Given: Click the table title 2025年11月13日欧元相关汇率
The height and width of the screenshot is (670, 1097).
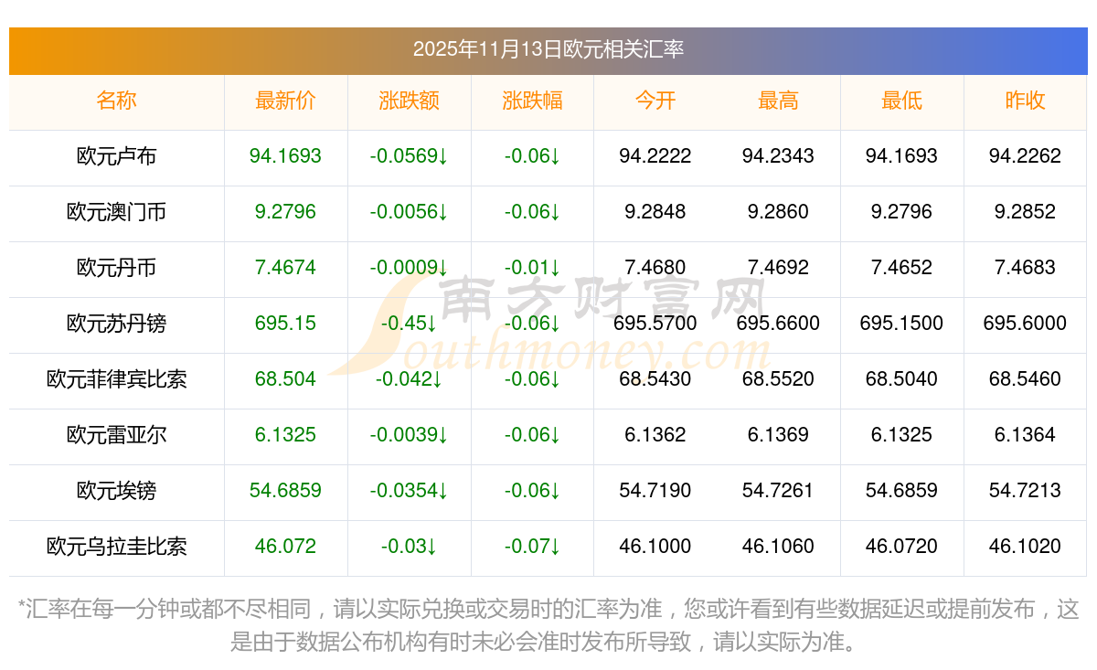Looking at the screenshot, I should tap(548, 49).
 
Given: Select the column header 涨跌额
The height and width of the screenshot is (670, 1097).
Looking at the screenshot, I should tap(409, 101).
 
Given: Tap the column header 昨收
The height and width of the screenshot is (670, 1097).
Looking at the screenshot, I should tap(1025, 101).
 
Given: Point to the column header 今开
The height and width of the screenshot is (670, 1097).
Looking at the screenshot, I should tap(655, 101).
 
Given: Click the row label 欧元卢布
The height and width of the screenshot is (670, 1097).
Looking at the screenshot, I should tap(116, 156).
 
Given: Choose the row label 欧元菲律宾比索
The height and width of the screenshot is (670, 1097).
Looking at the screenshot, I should tap(116, 379).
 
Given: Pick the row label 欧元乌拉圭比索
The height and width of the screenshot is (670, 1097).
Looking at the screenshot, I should tap(116, 547).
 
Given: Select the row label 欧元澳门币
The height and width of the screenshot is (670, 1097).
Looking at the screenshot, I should tap(116, 212).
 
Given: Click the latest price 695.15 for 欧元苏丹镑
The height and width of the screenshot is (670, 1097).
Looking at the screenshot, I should tap(285, 324).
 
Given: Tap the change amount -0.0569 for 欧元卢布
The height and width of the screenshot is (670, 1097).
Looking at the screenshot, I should tap(409, 156).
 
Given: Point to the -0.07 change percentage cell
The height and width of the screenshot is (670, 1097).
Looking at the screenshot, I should tap(532, 547).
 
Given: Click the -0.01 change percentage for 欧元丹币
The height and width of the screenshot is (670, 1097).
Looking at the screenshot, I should tap(532, 268).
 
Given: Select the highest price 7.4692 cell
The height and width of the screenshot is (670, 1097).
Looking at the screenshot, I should tap(778, 268).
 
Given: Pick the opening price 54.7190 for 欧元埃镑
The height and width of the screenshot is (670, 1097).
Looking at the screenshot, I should tap(655, 491).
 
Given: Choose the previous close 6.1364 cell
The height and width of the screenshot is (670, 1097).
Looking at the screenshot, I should tap(1025, 435).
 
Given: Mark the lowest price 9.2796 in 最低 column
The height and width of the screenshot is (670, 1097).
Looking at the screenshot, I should tap(901, 212).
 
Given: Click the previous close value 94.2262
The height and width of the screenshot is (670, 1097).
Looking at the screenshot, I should tap(1025, 156).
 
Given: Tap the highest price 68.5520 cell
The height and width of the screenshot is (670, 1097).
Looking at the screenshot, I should tap(778, 379).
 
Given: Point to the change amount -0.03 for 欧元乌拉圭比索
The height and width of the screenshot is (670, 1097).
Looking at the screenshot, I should tap(409, 547).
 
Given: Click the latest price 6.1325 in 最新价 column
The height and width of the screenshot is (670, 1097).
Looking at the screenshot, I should tap(285, 435).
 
